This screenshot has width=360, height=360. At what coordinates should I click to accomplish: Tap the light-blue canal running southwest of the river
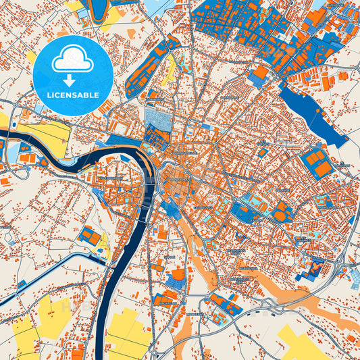click(x=54, y=270)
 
